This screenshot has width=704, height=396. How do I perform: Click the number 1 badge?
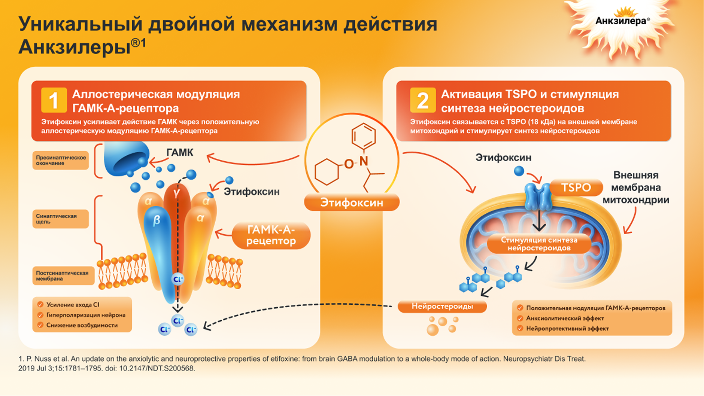click(x=54, y=100)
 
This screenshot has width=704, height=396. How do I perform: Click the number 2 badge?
click(x=423, y=100)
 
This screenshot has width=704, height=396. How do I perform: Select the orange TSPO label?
click(x=576, y=188)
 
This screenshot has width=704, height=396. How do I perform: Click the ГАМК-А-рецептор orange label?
click(x=271, y=235)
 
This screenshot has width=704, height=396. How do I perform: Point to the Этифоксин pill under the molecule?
click(x=352, y=202)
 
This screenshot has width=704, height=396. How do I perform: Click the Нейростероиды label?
click(x=442, y=306)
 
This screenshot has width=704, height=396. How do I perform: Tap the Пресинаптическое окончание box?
click(x=61, y=160)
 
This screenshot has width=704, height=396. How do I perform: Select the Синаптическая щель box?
click(x=61, y=219)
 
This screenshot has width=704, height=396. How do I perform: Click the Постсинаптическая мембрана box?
click(x=63, y=275)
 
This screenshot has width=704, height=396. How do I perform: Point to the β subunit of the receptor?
click(x=157, y=220)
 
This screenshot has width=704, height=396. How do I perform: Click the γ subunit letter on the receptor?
click(x=176, y=193)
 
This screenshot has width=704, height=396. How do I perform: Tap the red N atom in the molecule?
click(x=363, y=161)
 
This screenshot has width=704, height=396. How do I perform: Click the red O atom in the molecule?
click(x=349, y=164)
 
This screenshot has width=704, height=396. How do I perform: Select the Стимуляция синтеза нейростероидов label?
click(x=539, y=244)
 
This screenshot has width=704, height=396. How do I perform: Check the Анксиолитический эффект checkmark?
click(x=520, y=318)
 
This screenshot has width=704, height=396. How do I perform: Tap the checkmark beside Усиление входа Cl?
click(x=40, y=305)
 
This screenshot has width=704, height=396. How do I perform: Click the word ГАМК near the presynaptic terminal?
click(x=180, y=152)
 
